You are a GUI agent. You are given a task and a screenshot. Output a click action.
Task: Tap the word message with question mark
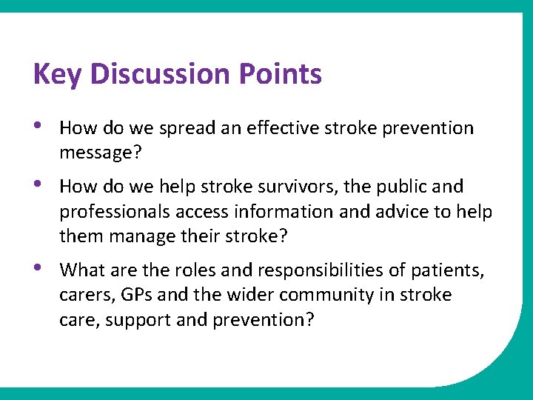coord(95,154)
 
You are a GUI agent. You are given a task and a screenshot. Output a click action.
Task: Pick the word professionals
coord(114,213)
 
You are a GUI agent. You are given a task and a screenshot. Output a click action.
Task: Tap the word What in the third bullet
coord(80,270)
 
